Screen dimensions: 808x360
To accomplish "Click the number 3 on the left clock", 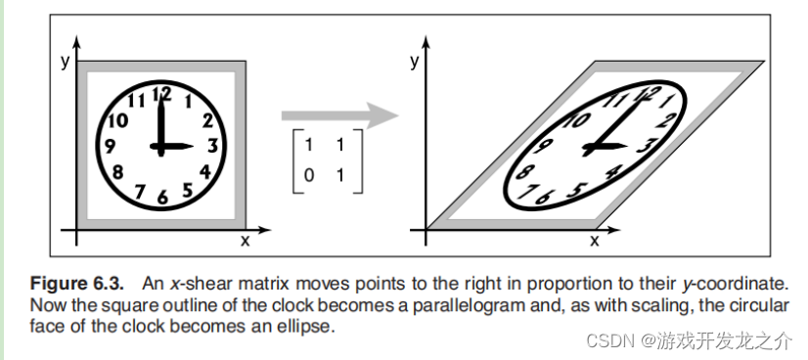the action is tap(213, 147).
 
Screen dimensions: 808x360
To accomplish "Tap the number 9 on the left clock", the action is tap(110, 147).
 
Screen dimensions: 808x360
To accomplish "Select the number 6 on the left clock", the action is tap(162, 197).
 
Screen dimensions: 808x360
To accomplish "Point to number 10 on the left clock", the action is tap(118, 120).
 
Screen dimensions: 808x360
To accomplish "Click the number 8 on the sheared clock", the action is tap(524, 171).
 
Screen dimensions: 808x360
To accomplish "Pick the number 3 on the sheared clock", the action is tap(644, 146).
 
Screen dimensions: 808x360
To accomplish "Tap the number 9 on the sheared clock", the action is tap(543, 147).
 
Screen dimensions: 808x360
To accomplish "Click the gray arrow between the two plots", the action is tap(339, 114).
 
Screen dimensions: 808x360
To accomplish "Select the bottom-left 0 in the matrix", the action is tap(308, 176).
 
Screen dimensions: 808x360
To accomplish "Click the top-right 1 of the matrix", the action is tap(340, 145).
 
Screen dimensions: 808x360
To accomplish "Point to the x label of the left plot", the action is tap(245, 240).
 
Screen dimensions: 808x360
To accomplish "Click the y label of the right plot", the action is tap(415, 63).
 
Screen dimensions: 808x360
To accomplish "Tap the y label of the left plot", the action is tap(65, 63).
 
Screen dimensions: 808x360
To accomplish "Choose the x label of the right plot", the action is tap(594, 240).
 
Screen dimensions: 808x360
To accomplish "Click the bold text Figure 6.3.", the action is tap(77, 284).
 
